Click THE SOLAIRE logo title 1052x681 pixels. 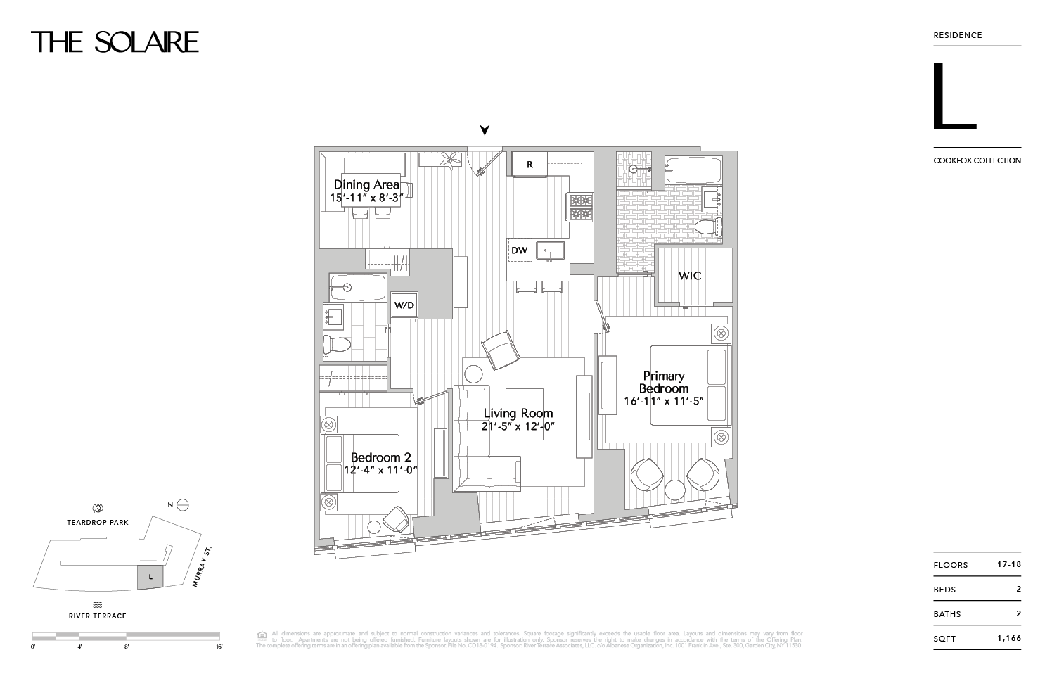point(115,42)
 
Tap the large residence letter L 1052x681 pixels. point(954,97)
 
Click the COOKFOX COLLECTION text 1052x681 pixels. point(977,160)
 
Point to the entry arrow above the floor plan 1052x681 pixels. point(484,130)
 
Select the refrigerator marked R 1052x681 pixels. point(530,165)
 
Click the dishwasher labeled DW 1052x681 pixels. point(519,250)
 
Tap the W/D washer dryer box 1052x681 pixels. point(404,305)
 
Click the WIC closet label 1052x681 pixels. point(689,276)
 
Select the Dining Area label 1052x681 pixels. point(366,185)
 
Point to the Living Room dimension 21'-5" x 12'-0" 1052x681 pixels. point(518,426)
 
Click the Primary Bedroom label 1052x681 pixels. point(663,382)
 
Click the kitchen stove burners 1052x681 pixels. point(581,206)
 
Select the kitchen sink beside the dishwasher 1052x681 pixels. point(549,251)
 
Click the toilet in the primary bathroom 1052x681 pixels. point(707,226)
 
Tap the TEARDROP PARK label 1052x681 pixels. point(97,523)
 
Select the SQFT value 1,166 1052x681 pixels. point(1008,639)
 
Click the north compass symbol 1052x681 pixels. point(182,504)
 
